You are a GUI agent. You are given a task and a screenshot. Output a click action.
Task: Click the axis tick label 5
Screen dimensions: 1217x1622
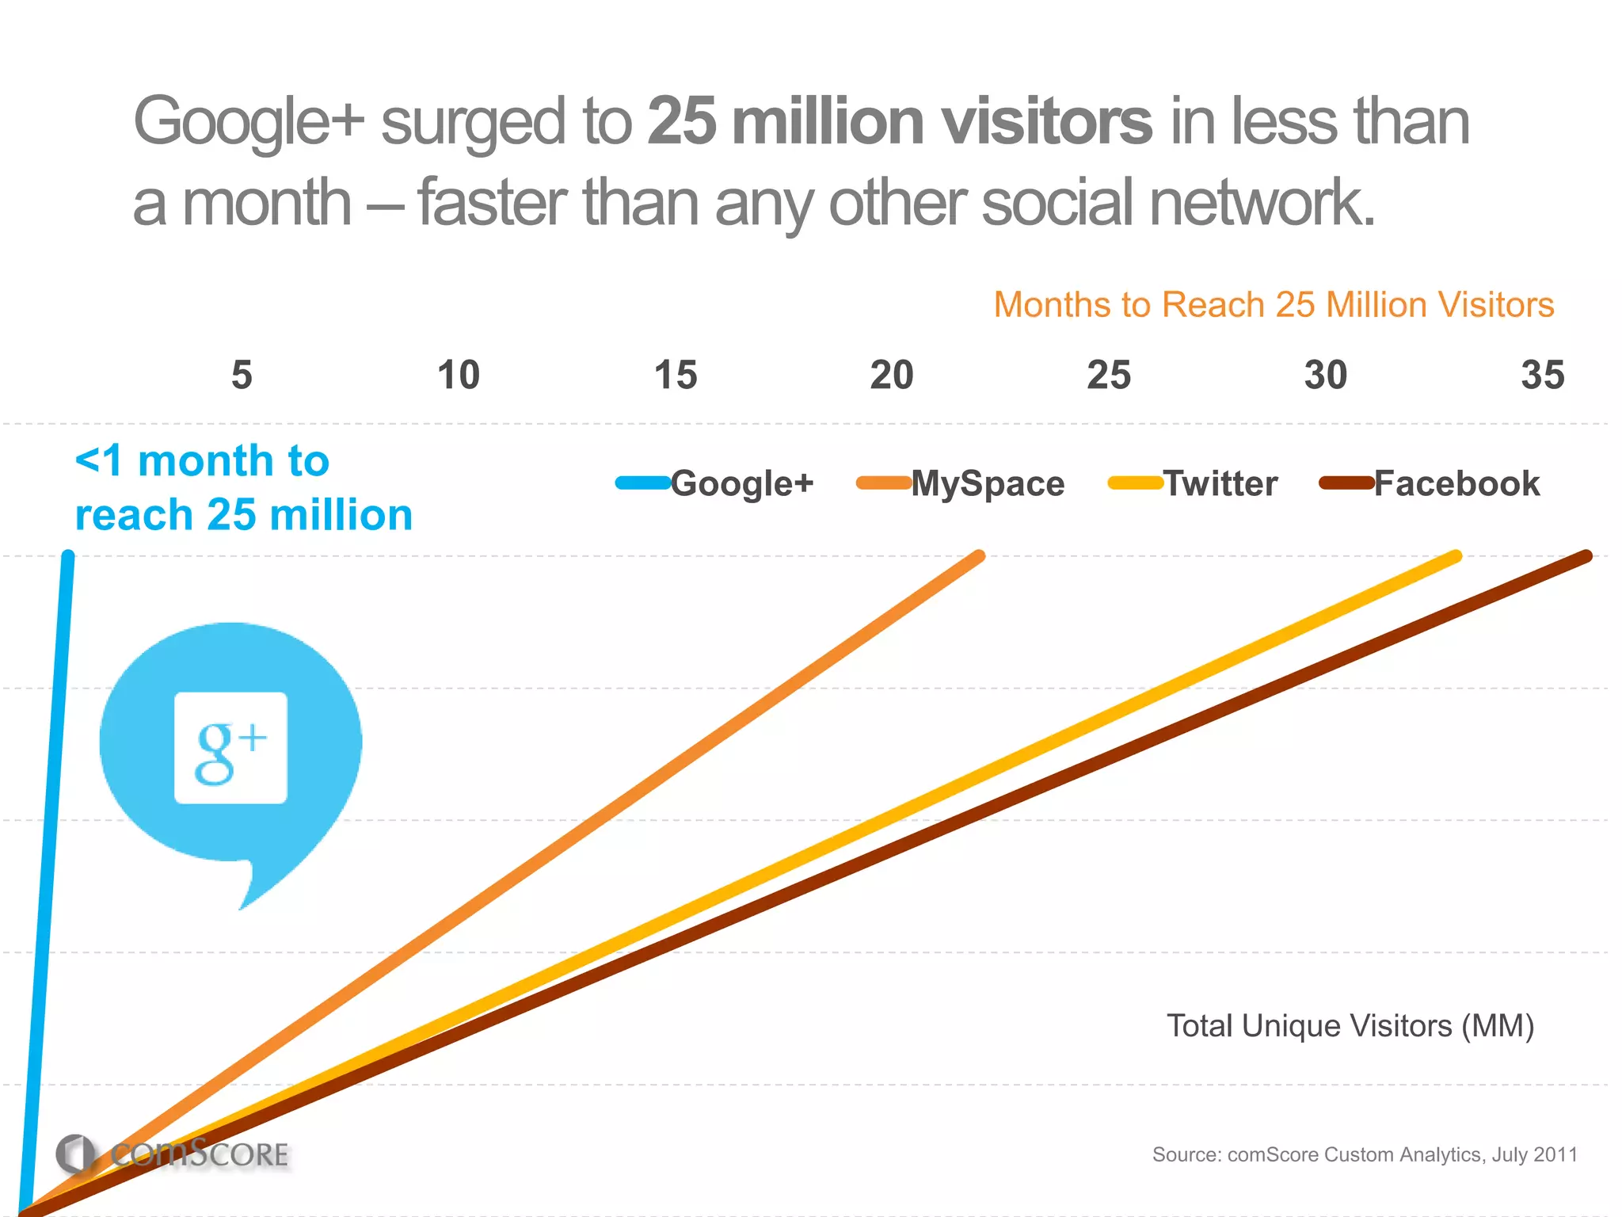coord(242,375)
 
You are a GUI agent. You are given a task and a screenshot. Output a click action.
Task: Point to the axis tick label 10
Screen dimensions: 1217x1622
coord(459,375)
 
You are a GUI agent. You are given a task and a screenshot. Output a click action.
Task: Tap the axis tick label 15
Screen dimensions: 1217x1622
coord(676,375)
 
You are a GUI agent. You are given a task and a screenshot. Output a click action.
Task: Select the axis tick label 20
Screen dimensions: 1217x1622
coord(892,375)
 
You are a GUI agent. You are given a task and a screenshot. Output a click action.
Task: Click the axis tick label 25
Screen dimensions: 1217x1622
coord(1109,375)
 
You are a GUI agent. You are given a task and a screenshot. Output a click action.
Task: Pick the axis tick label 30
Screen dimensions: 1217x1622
coord(1326,375)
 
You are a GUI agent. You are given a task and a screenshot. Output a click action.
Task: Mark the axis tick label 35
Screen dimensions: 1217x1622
coord(1543,375)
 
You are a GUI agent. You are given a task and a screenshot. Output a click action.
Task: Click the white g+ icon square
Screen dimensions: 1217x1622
coord(230,748)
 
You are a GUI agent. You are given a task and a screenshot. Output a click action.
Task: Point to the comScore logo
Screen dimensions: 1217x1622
coord(173,1154)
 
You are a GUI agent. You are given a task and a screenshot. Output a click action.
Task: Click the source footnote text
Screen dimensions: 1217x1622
coord(1365,1154)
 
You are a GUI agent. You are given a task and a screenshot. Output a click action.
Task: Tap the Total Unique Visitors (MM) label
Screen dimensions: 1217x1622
coord(1350,1026)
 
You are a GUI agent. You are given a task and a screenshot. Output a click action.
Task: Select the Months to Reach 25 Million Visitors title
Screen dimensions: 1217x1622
coord(1274,305)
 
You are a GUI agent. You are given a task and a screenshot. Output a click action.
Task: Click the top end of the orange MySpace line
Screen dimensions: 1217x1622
coord(979,557)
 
